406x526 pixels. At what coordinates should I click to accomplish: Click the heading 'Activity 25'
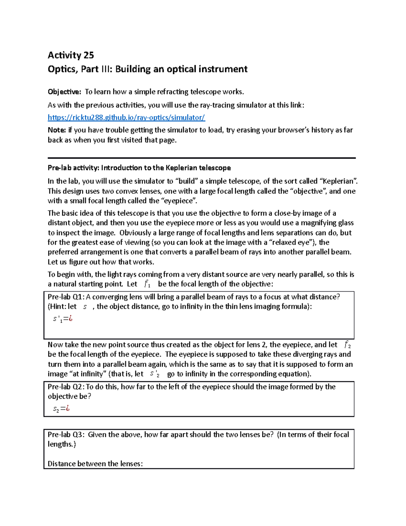pyautogui.click(x=71, y=55)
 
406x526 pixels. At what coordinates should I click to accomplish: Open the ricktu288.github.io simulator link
pyautogui.click(x=126, y=118)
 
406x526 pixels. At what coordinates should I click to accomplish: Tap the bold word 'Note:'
pyautogui.click(x=57, y=130)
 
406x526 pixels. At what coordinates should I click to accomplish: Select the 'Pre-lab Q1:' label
pyautogui.click(x=66, y=297)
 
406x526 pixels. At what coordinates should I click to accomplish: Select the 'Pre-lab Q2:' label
pyautogui.click(x=66, y=387)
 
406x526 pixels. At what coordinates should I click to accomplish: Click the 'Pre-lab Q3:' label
pyautogui.click(x=66, y=435)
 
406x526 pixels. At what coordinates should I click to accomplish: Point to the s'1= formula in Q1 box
pyautogui.click(x=63, y=319)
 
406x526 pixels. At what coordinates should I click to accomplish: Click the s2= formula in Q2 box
pyautogui.click(x=61, y=409)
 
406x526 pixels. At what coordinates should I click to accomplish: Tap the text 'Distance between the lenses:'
pyautogui.click(x=95, y=464)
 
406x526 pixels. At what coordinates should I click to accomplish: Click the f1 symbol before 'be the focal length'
pyautogui.click(x=147, y=284)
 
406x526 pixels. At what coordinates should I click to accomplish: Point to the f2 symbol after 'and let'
pyautogui.click(x=347, y=345)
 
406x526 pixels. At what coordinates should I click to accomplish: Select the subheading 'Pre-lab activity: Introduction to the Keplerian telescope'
pyautogui.click(x=139, y=168)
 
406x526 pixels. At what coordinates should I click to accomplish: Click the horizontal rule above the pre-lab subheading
pyautogui.click(x=202, y=158)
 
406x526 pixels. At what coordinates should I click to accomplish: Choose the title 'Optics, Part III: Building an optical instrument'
pyautogui.click(x=148, y=69)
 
